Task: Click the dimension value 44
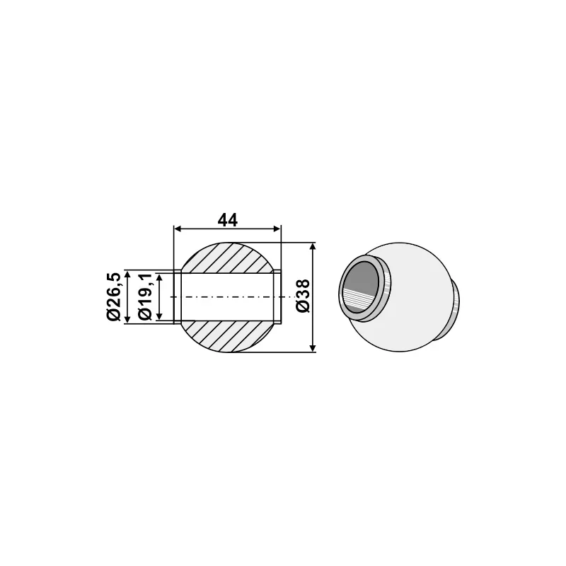(x=227, y=220)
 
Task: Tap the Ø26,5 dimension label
(x=113, y=296)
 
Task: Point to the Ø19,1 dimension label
(x=145, y=296)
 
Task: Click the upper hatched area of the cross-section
(x=226, y=257)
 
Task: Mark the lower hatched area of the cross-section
(x=226, y=336)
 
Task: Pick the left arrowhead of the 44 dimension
(x=178, y=229)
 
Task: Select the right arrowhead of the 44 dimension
(x=277, y=229)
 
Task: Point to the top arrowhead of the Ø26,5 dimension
(x=127, y=273)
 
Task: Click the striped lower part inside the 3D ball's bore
(x=359, y=301)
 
